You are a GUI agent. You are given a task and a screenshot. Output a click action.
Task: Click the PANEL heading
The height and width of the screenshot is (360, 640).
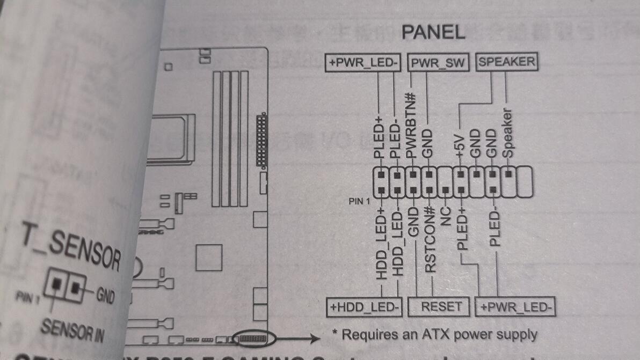[433, 32]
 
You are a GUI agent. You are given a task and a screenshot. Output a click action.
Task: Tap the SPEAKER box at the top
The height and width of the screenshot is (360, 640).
[506, 62]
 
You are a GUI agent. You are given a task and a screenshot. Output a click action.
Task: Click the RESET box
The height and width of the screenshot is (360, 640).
[441, 306]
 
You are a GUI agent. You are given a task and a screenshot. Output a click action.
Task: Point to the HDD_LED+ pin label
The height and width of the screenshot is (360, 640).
[382, 244]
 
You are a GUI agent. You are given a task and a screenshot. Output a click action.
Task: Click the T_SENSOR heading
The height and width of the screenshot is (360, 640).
[70, 248]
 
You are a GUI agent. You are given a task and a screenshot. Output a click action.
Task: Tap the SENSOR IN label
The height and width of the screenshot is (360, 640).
[72, 329]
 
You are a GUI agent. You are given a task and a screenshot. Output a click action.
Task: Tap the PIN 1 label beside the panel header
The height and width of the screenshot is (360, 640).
[360, 202]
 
